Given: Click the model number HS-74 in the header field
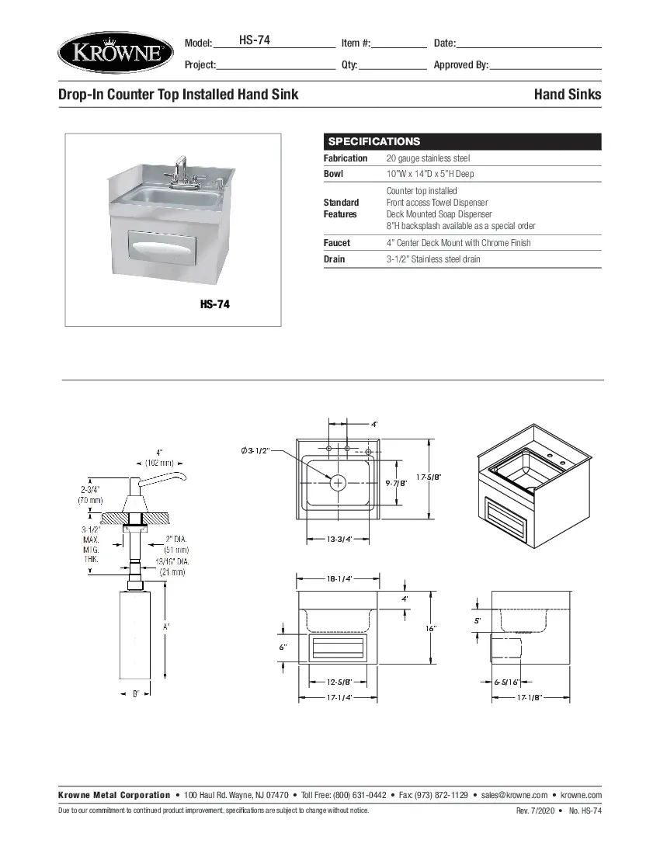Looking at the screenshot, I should click(x=254, y=40).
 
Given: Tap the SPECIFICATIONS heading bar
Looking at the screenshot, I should click(x=462, y=141).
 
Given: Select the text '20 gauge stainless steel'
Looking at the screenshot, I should click(x=428, y=158).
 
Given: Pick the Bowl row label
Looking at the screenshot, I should click(x=333, y=174).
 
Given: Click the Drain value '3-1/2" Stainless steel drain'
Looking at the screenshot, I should click(x=433, y=259).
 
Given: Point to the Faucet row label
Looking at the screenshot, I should click(x=337, y=243).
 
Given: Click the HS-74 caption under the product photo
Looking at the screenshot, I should click(x=214, y=304).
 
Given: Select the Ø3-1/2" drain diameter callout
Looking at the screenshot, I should click(x=255, y=451).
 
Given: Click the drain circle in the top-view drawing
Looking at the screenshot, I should click(x=339, y=483).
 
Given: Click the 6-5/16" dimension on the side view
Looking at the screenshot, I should click(x=506, y=682).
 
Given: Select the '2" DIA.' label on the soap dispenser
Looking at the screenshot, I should click(x=174, y=539).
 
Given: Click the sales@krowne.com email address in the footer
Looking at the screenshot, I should click(x=514, y=795).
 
